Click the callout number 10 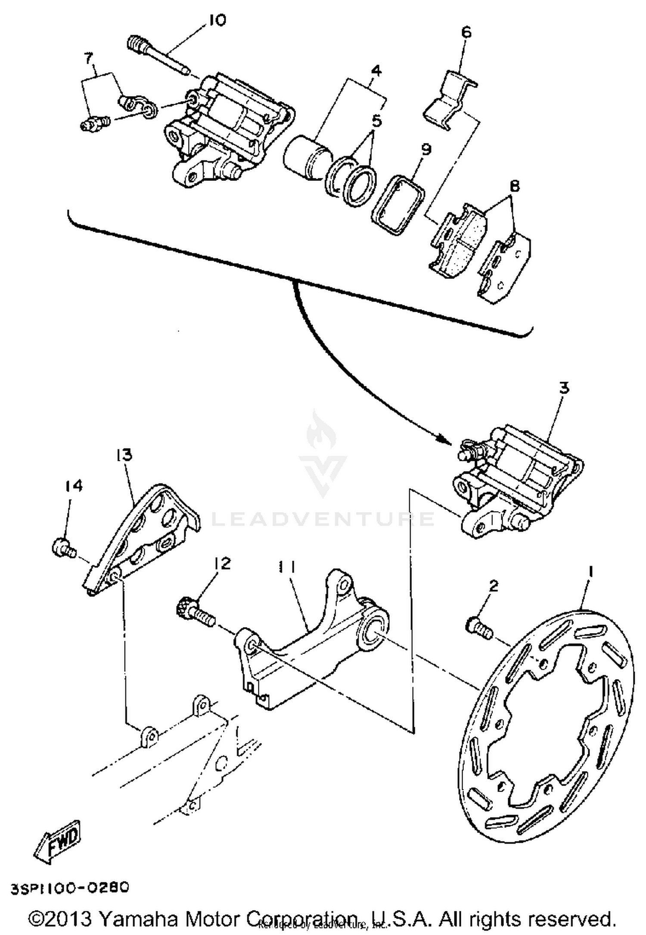[x=217, y=20]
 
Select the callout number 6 [x=466, y=32]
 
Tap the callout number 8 [x=514, y=186]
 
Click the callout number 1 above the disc [x=591, y=572]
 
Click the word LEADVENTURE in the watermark [x=323, y=519]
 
